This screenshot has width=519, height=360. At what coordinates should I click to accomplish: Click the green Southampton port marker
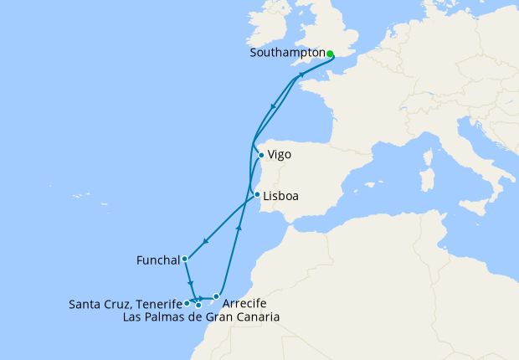(330, 54)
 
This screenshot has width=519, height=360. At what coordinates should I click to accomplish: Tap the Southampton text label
(287, 53)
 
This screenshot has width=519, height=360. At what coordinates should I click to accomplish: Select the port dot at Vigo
(261, 155)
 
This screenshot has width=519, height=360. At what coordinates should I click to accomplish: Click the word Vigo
(279, 155)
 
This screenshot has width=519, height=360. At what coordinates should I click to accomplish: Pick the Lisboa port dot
(256, 197)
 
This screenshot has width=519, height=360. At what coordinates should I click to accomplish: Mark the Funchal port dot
(183, 260)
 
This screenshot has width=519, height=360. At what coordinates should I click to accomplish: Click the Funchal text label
(157, 260)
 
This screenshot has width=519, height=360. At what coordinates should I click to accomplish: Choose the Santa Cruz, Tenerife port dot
(186, 304)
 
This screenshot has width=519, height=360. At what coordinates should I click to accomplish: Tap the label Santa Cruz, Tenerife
(126, 304)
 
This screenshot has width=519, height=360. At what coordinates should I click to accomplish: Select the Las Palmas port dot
(198, 305)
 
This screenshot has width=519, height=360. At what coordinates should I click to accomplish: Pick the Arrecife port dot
(216, 296)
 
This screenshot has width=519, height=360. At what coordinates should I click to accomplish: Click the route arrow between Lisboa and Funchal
(206, 240)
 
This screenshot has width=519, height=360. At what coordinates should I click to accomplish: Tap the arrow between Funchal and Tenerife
(190, 282)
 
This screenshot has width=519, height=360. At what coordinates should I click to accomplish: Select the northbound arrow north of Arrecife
(239, 228)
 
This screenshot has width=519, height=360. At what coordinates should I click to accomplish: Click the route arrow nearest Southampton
(302, 76)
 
